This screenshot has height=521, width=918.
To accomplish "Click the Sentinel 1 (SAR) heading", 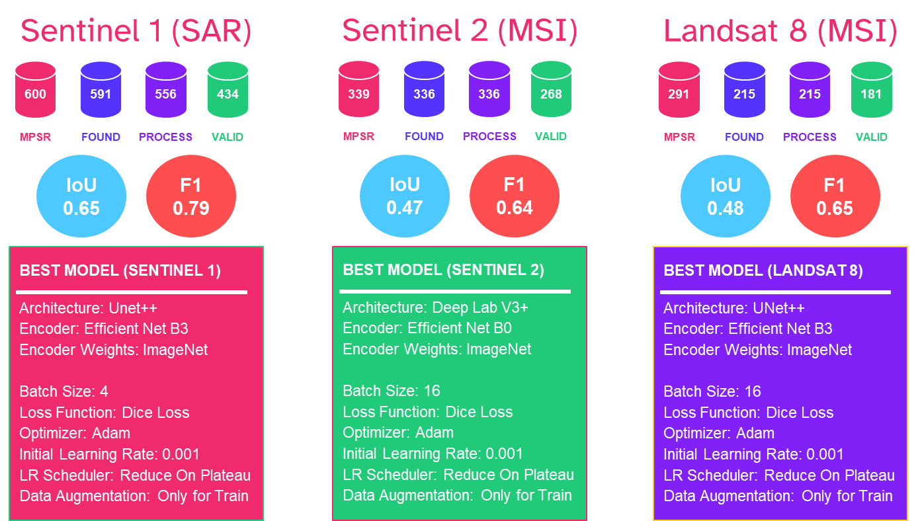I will click(136, 32).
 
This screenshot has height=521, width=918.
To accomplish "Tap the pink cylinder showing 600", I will click(36, 90).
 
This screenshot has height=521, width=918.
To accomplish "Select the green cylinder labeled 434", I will click(228, 90).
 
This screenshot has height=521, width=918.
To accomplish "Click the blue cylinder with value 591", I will click(101, 90).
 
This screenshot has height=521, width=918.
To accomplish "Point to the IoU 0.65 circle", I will click(81, 197).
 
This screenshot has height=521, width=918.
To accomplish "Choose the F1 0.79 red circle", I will click(191, 197).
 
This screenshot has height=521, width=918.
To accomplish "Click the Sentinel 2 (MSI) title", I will click(460, 32).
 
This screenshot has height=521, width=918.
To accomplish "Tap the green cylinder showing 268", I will click(551, 90).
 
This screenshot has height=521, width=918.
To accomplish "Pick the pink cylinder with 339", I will click(358, 90).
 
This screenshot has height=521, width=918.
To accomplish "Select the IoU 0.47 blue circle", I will click(404, 196).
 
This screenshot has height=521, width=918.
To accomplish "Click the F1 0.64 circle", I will click(515, 196).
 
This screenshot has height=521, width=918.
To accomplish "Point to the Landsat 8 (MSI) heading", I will click(780, 32).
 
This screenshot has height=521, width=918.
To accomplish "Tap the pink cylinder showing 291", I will click(679, 90).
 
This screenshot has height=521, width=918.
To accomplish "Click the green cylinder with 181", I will click(871, 90).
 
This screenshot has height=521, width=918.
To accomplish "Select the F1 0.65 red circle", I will click(835, 197).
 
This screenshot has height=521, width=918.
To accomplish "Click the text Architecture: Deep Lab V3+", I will click(435, 307).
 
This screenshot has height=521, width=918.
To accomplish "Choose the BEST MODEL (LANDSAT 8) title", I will click(763, 270).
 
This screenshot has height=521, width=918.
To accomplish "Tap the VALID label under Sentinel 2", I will click(551, 136).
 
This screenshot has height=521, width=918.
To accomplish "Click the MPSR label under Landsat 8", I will click(679, 137).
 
